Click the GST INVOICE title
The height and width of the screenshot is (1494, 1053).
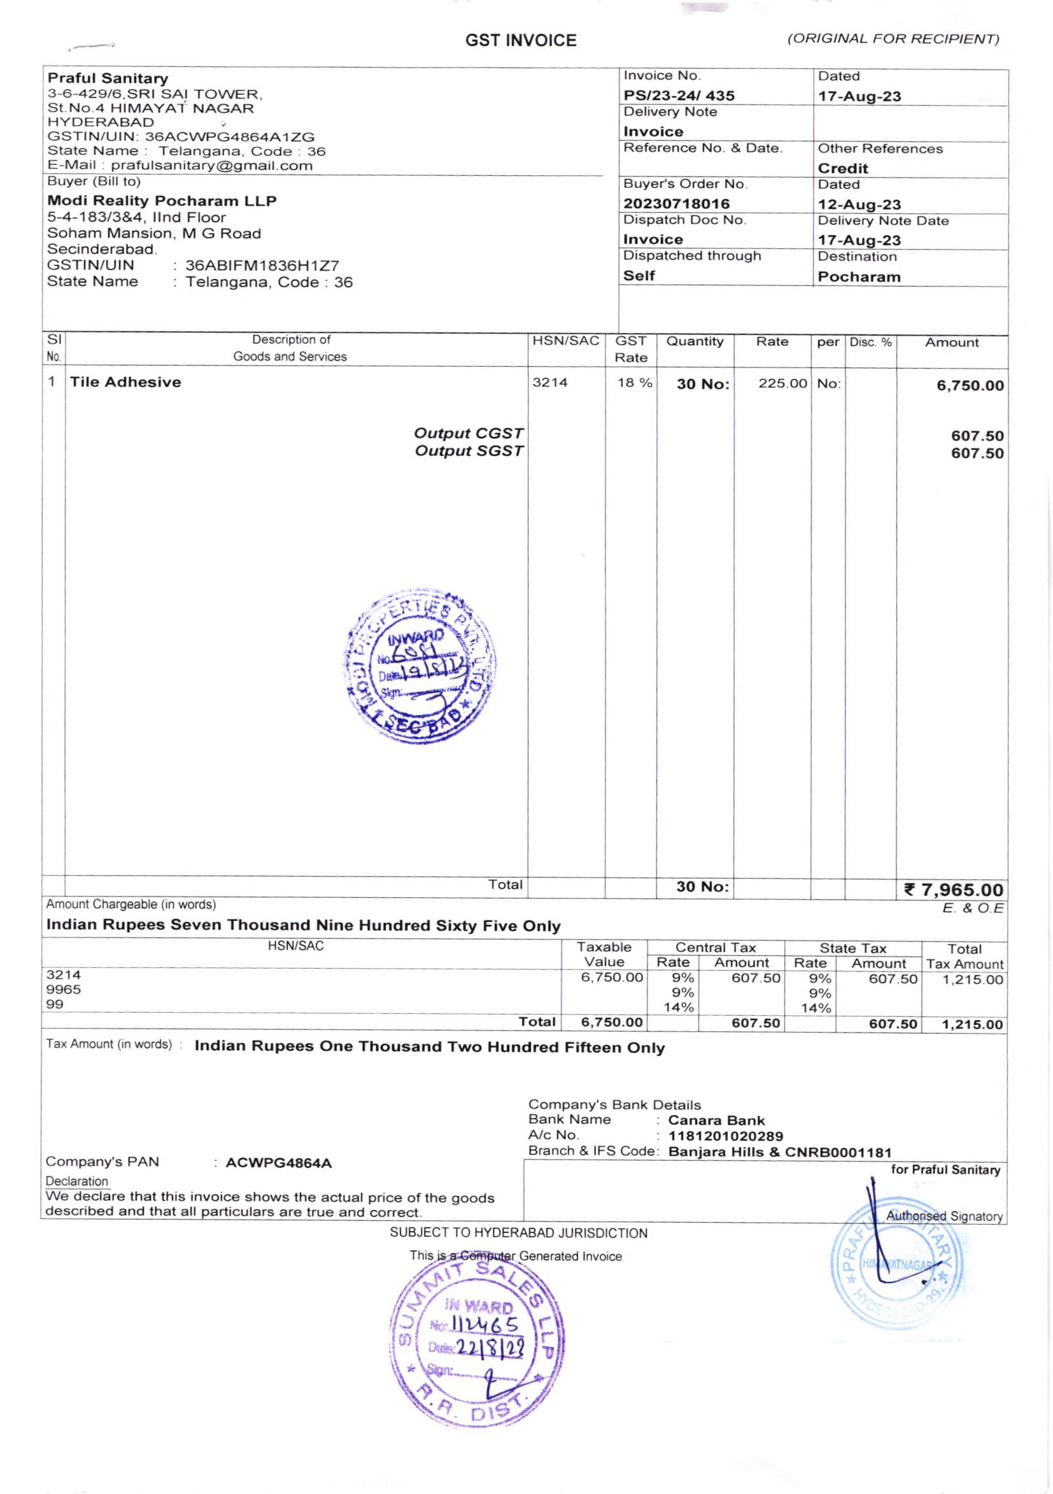(520, 41)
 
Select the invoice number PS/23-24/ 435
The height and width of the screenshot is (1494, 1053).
(679, 96)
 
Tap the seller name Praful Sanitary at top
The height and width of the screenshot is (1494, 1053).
(108, 78)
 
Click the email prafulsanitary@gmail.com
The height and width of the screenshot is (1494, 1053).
(211, 166)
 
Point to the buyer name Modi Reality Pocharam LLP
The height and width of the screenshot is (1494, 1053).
(162, 201)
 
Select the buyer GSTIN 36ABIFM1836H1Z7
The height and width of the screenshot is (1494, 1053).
(262, 266)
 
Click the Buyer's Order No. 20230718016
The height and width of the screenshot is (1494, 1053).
(675, 204)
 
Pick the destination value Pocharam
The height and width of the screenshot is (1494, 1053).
(859, 276)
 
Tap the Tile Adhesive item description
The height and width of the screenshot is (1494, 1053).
(125, 382)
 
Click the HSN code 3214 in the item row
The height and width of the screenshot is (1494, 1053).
(549, 383)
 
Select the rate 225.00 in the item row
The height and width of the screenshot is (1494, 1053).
(782, 383)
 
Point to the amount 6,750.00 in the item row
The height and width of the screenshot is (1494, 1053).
(970, 385)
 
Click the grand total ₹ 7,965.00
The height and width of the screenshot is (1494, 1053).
(954, 890)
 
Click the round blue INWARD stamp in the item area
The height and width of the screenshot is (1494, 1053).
(420, 666)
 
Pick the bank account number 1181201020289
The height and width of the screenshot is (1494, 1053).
(725, 1136)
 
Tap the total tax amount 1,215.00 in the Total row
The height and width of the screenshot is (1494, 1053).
(972, 1024)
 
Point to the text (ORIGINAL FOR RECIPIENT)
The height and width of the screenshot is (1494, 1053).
(893, 39)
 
